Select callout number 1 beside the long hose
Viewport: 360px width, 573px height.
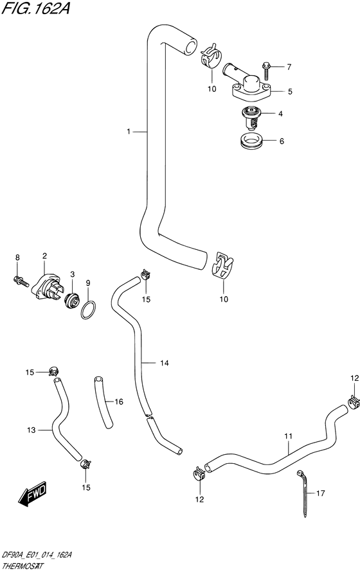[x=129, y=132]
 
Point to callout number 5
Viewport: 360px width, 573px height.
[x=290, y=91]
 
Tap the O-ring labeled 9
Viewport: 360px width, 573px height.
[x=88, y=310]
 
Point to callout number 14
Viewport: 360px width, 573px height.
[x=164, y=363]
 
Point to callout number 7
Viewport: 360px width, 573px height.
[x=289, y=67]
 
